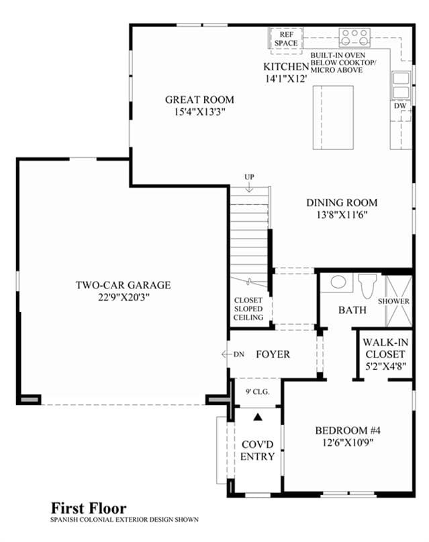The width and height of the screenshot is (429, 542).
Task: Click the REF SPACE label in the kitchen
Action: point(286,39)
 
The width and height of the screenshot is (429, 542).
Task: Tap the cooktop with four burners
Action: point(354,38)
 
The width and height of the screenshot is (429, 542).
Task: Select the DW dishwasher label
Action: point(400,106)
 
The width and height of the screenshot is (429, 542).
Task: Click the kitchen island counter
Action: point(333,118)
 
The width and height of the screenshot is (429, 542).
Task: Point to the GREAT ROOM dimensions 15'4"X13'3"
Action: point(199,112)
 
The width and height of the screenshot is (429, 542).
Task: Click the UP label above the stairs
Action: point(249,177)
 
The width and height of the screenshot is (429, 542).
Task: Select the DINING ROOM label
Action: point(342,202)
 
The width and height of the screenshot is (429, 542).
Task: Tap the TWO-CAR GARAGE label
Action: point(124,285)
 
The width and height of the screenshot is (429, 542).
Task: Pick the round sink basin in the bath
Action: point(338,282)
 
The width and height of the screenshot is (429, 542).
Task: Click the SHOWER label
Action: point(393,301)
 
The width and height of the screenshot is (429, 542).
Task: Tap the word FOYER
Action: point(273,354)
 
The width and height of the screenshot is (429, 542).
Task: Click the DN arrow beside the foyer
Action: point(227,354)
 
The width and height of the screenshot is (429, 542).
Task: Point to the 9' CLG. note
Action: point(258,392)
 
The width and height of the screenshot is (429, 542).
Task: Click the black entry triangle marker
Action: point(258,417)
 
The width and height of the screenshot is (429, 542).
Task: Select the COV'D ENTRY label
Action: point(258,451)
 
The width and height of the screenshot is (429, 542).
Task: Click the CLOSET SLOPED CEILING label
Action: point(248,309)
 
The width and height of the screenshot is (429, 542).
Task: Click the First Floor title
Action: point(89,508)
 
